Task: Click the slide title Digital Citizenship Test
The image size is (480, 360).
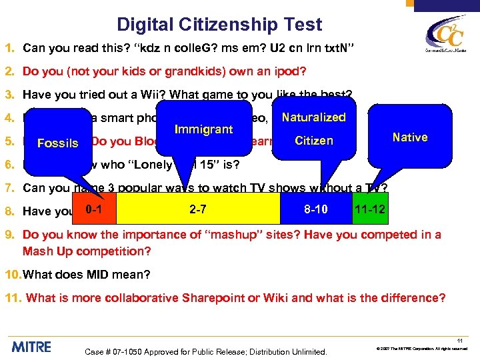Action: (219, 25)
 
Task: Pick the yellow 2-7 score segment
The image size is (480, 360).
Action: (197, 209)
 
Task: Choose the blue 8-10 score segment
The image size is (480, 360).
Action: (315, 209)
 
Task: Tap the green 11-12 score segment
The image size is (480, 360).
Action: (368, 209)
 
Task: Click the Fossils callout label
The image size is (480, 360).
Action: (58, 143)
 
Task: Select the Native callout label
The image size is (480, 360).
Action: (410, 137)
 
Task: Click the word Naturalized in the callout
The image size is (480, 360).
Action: (314, 117)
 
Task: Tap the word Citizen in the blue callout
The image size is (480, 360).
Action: (314, 141)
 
